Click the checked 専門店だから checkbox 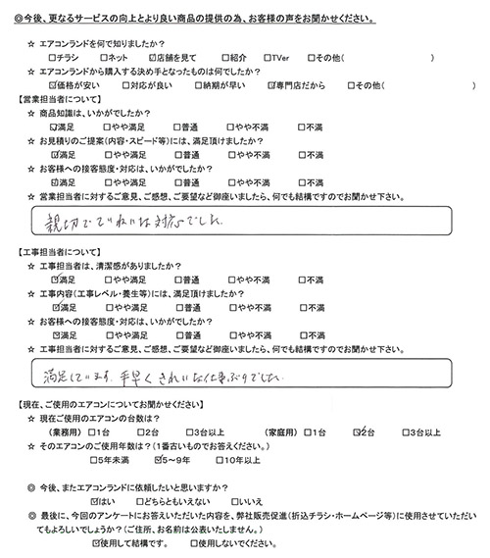(271, 86)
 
